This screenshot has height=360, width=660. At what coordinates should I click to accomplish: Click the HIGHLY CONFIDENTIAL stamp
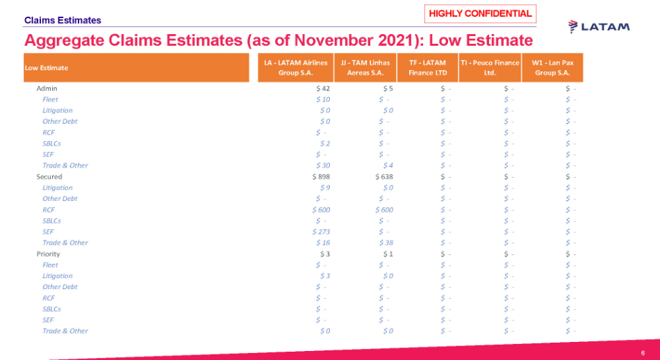coord(480,14)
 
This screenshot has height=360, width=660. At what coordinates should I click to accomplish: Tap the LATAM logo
coord(599,27)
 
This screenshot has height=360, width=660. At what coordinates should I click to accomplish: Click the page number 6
coord(643,353)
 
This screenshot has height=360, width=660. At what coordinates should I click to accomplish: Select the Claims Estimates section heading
coord(63,21)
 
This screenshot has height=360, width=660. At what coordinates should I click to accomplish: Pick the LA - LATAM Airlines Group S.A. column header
coord(295,67)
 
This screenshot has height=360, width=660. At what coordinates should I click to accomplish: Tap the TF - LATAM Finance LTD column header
coord(427,67)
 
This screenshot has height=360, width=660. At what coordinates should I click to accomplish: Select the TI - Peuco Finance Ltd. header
coord(490,67)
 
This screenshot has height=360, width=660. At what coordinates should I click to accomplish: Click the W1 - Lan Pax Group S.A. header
coord(552,67)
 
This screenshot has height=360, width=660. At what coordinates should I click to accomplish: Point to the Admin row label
coord(47,88)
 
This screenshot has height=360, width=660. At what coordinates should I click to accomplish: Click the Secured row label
coord(49,177)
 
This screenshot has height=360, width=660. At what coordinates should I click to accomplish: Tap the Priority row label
coord(49,254)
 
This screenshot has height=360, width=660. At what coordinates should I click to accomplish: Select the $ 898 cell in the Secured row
coord(321,177)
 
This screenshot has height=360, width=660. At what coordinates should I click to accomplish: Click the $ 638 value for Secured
coord(384,177)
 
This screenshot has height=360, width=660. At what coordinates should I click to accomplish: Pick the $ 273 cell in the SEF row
coord(321,231)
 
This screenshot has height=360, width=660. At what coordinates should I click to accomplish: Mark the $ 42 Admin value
coord(323,88)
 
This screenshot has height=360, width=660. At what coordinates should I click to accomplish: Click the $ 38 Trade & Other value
coord(387,243)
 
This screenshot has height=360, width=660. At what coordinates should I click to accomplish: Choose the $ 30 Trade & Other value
coord(323,165)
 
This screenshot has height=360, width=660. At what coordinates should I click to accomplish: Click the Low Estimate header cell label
coord(46,68)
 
